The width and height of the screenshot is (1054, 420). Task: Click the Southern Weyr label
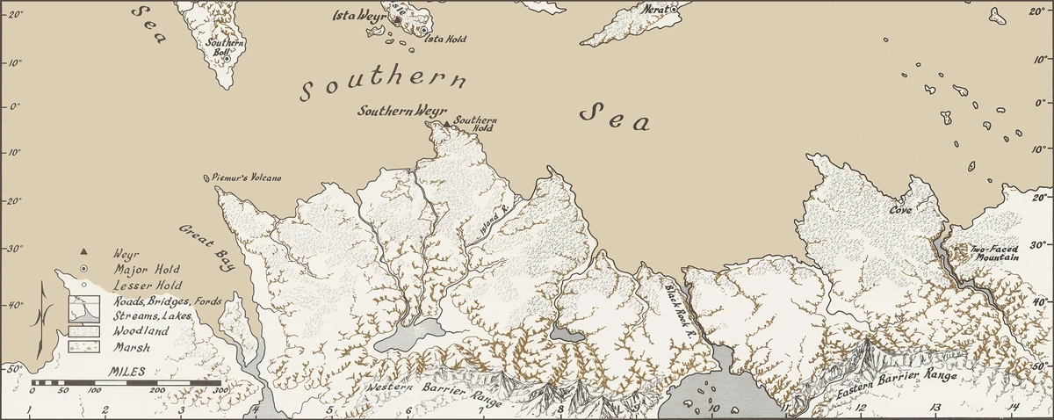[x=399, y=112]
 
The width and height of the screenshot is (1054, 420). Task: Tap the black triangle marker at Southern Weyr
[x=446, y=124]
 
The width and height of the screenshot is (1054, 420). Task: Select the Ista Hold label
[x=445, y=40]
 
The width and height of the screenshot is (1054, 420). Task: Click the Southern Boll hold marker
[x=226, y=59]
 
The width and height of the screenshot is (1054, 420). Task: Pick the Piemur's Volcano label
[x=248, y=178]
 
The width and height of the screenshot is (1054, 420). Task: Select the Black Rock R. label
[x=678, y=304]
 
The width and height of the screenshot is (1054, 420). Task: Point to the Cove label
[x=900, y=211]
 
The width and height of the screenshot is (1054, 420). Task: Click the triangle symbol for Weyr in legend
[x=83, y=252]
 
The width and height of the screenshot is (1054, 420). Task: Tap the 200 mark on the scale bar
[x=156, y=390]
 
